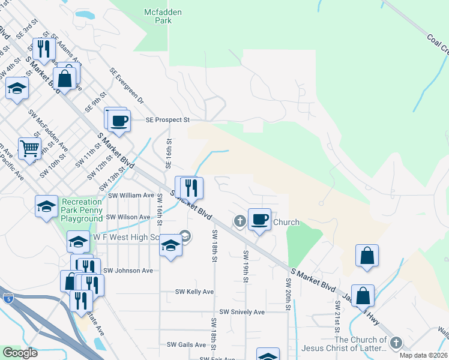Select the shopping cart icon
point(29,147)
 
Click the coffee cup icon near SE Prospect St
point(119,120)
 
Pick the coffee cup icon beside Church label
point(259,220)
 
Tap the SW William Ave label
point(131,196)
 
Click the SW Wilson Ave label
point(128,217)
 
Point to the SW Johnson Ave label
point(128,271)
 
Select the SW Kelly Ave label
point(194,292)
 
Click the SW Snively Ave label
point(242,313)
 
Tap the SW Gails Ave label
point(187,344)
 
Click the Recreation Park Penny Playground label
point(82,211)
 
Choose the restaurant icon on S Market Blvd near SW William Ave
point(191,187)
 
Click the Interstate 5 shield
point(8,298)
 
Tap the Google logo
point(20,352)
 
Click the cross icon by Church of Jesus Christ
point(395,343)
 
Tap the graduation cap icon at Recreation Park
point(46,207)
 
